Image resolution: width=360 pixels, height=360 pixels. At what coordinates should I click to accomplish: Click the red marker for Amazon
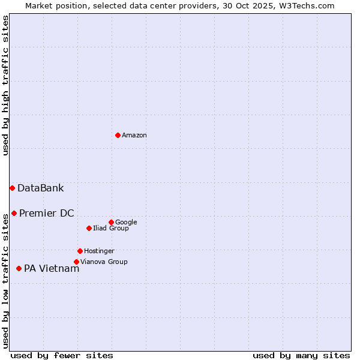118,135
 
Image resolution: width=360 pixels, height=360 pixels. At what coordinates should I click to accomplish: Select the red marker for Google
111,222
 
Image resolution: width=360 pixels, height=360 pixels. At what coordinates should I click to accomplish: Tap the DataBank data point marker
12,188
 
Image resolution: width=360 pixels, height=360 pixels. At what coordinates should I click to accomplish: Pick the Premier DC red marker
14,213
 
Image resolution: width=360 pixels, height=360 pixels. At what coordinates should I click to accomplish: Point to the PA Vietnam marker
19,268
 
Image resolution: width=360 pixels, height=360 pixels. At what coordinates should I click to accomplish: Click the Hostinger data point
80,251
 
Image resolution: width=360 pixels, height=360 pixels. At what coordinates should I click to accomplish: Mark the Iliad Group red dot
89,228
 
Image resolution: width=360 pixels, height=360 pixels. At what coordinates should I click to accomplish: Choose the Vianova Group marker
76,262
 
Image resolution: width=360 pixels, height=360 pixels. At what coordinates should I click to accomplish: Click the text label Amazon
134,136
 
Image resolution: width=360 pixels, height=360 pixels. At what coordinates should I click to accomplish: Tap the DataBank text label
40,188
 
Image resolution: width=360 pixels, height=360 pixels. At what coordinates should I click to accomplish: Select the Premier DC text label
46,214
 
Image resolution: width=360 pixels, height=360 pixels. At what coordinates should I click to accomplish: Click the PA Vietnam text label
51,269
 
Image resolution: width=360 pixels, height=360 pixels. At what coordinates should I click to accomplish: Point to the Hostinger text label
99,251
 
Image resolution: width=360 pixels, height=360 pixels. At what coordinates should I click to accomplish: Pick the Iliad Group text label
111,229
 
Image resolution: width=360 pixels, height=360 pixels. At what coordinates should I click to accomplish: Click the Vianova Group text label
104,262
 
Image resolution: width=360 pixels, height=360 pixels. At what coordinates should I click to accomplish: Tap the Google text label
126,223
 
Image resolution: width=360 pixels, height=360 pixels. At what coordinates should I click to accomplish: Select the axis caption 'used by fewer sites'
62,356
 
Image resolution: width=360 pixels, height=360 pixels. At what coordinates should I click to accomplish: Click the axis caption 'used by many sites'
301,356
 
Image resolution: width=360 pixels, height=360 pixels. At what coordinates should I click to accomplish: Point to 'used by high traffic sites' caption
5,85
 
